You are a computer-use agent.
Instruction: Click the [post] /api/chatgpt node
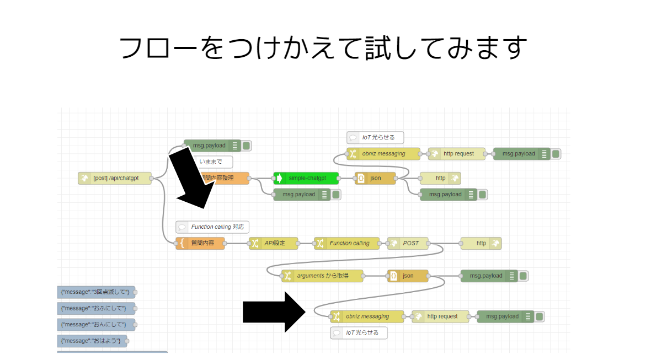pyautogui.click(x=115, y=178)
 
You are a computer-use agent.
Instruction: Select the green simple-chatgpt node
pyautogui.click(x=307, y=178)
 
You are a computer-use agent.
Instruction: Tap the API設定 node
pyautogui.click(x=274, y=243)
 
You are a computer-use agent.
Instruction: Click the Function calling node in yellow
pyautogui.click(x=348, y=243)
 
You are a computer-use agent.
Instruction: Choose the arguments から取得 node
pyautogui.click(x=323, y=276)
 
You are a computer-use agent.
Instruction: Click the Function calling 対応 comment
pyautogui.click(x=212, y=227)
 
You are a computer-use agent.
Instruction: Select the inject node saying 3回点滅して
pyautogui.click(x=96, y=292)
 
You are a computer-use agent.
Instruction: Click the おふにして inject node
pyautogui.click(x=96, y=308)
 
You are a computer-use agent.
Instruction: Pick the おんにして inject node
pyautogui.click(x=96, y=324)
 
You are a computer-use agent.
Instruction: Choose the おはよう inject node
pyautogui.click(x=92, y=341)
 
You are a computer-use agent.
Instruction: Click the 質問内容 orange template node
pyautogui.click(x=201, y=243)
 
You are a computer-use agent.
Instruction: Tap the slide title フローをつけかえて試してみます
pyautogui.click(x=324, y=48)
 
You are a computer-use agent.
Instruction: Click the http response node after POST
pyautogui.click(x=481, y=243)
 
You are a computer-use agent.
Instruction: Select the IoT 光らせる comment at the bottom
pyautogui.click(x=359, y=333)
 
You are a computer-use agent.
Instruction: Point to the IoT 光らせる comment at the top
pyautogui.click(x=375, y=137)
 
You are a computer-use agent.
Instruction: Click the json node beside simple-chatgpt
pyautogui.click(x=375, y=178)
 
